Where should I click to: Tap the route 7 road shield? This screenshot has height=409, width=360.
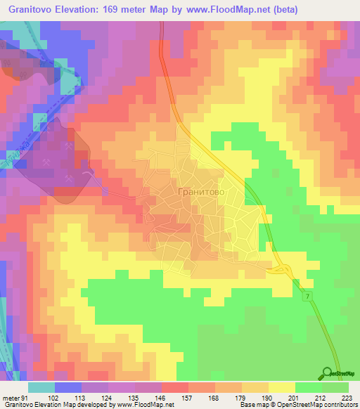(308, 297)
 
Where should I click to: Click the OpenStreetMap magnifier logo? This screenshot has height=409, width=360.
(327, 373)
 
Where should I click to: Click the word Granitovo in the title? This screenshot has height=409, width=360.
(30, 10)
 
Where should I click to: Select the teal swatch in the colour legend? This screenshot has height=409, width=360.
(41, 387)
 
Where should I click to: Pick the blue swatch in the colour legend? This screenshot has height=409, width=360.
(68, 387)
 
